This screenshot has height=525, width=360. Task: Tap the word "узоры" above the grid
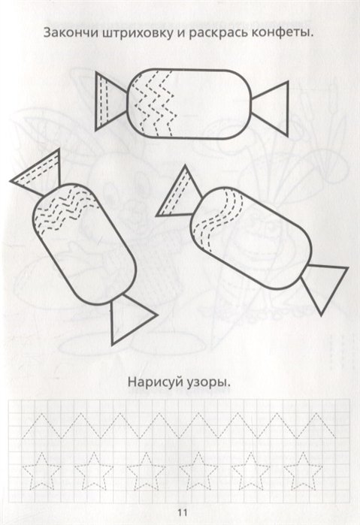tap(207, 384)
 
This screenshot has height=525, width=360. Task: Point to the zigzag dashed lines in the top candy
tap(154, 104)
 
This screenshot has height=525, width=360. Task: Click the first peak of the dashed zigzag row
tap(41, 414)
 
